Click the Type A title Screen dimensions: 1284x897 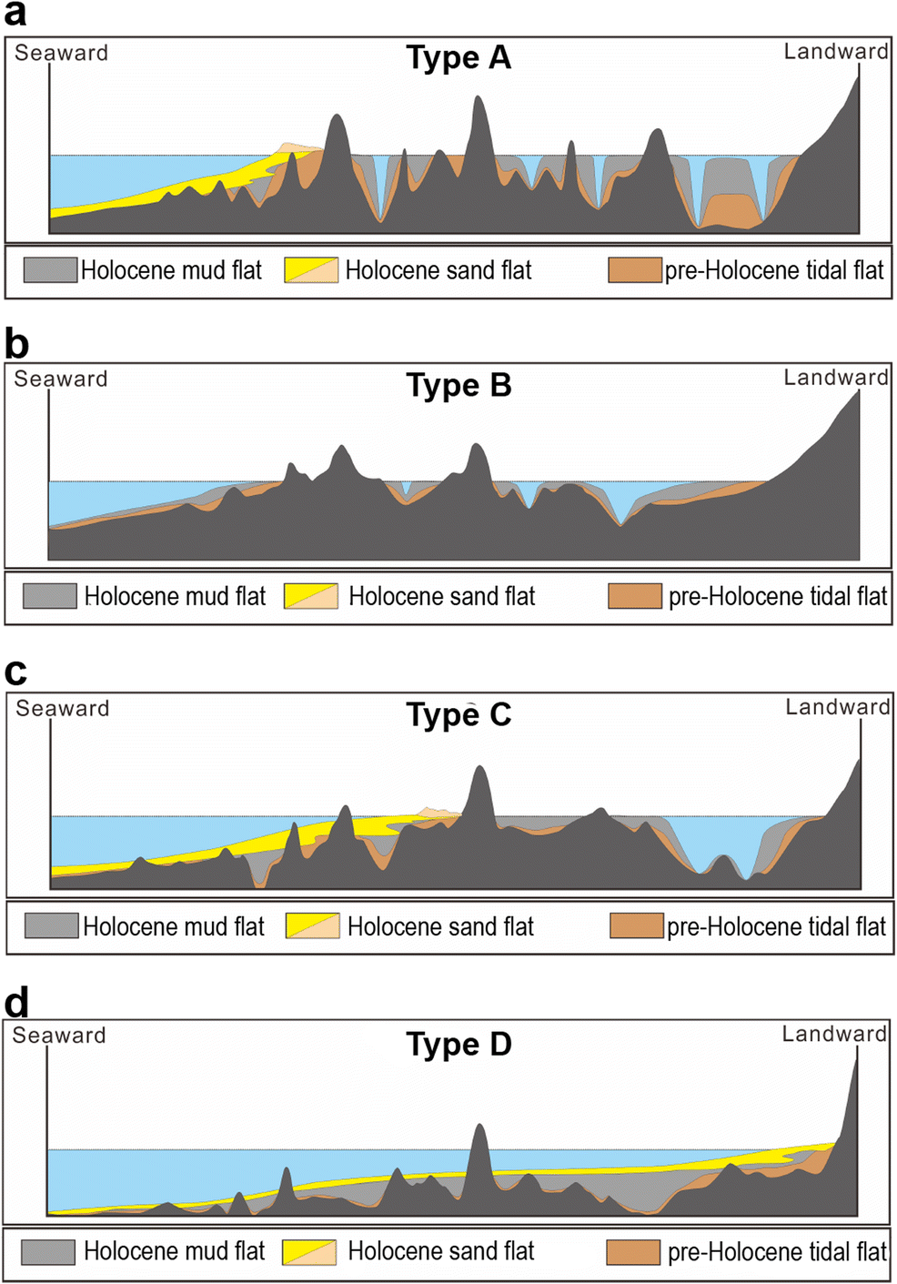coord(459,58)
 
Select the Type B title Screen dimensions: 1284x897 coord(459,386)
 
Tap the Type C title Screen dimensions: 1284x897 coord(459,715)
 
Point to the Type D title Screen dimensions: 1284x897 coord(459,1044)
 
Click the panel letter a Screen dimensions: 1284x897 coord(15,14)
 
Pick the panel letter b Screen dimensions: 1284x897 coord(16,345)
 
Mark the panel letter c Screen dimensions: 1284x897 coord(15,672)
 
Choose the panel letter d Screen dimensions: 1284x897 coord(16,1003)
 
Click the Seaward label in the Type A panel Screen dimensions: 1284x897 coord(61,53)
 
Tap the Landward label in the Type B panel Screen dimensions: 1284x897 coord(836,378)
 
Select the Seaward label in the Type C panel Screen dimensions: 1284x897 coord(63,708)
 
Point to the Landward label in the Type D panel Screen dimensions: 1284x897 coord(834,1034)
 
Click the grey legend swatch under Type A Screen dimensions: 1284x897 coord(50,269)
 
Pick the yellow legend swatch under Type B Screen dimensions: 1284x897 coord(311,596)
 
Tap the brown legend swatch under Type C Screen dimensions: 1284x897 coord(637,925)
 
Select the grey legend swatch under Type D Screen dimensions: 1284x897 coord(48,1251)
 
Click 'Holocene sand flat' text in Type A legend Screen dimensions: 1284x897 coord(438,270)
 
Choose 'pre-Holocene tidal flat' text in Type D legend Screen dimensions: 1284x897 coord(777,1252)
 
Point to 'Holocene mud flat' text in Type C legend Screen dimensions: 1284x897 coord(174,926)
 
